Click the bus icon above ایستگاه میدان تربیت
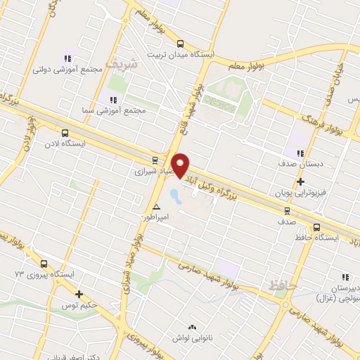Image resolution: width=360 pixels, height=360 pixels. coord(180,41)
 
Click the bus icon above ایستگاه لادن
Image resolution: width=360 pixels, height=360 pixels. coord(65,131)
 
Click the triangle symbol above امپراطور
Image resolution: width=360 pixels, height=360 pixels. coord(156,207)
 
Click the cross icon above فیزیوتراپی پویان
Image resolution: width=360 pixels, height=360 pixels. coord(300,181)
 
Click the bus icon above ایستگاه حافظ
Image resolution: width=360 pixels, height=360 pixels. coord(316,227)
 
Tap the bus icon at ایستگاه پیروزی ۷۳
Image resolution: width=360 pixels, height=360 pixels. coord(44,264)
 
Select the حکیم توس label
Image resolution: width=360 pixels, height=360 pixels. coord(79,306)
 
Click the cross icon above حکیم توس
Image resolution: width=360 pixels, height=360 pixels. coord(79,295)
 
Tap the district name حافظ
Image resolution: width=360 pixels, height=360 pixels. coord(280,285)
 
